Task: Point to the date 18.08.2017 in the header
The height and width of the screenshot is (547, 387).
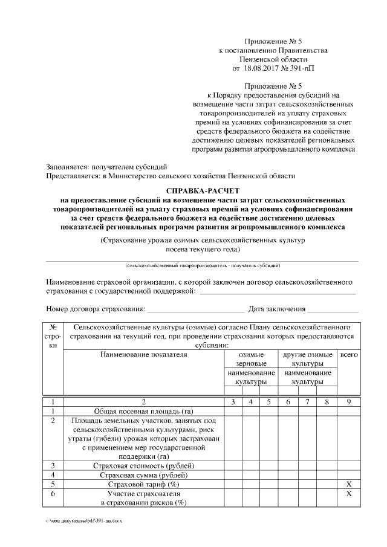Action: coord(267,69)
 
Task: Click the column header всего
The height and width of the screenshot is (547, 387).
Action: coord(349,355)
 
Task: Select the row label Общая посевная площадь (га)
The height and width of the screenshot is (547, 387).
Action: coord(144,410)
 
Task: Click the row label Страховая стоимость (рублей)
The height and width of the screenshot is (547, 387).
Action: coord(144,465)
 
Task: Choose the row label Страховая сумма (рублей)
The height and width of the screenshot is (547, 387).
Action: coord(144,475)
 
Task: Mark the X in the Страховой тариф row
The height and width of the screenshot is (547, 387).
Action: coord(349,485)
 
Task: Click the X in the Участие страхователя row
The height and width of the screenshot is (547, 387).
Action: coord(349,494)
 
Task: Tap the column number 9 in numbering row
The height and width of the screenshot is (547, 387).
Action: coord(349,401)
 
